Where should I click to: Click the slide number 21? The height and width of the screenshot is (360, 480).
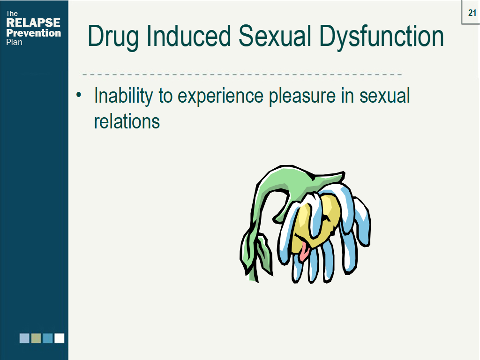pos(472,13)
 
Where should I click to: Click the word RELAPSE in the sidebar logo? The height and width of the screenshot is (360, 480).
pos(33,23)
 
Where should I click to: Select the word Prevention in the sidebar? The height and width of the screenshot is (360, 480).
pos(33,33)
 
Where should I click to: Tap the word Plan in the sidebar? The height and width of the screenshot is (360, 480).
pos(14,42)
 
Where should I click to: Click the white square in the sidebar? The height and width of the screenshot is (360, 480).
pos(59,338)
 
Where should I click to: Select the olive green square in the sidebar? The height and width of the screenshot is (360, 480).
pos(36,338)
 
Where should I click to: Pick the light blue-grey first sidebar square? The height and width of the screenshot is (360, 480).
pos(24,338)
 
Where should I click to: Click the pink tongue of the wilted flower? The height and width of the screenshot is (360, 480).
pos(305,252)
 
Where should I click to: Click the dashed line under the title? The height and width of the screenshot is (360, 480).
pos(242,75)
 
